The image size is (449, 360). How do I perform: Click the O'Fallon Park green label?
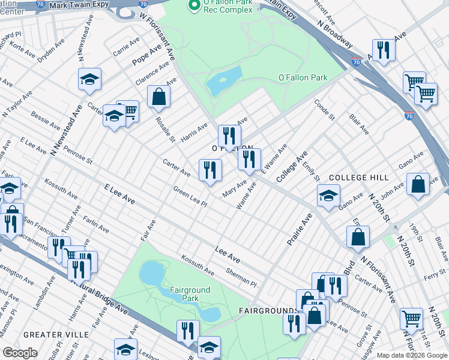(303, 77)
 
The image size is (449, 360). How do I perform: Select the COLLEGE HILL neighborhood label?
(358, 178)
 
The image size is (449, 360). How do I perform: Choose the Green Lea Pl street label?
(190, 197)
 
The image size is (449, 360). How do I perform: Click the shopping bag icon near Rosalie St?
(158, 97)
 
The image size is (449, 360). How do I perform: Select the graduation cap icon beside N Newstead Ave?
(89, 79)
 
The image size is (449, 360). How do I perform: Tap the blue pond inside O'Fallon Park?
(223, 82)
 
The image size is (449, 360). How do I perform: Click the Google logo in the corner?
(20, 353)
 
